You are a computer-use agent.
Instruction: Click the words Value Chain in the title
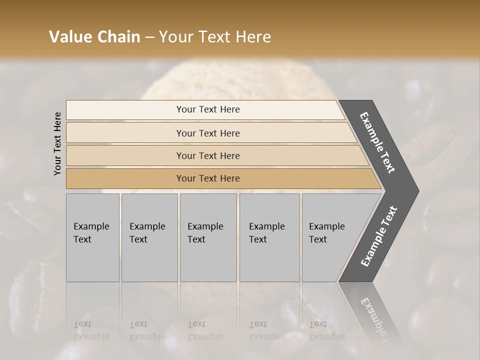[94, 37]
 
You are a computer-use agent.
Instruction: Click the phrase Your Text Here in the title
[215, 37]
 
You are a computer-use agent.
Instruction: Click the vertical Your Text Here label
[57, 143]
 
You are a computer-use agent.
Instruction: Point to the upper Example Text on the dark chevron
[377, 142]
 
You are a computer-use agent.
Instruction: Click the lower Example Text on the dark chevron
[379, 236]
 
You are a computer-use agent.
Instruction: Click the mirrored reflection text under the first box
[91, 330]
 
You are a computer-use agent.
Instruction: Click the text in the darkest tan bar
[208, 178]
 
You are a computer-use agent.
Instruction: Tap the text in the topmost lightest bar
[208, 109]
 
